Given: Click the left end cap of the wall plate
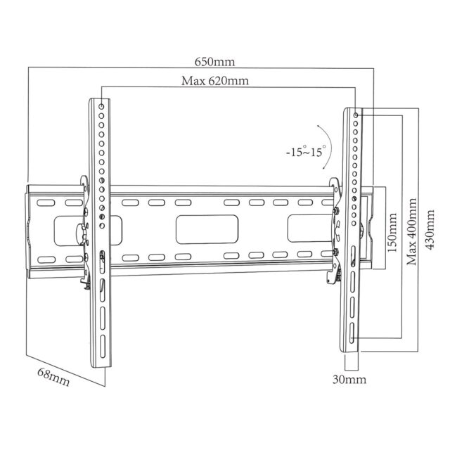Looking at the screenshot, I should pos(29,228).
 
